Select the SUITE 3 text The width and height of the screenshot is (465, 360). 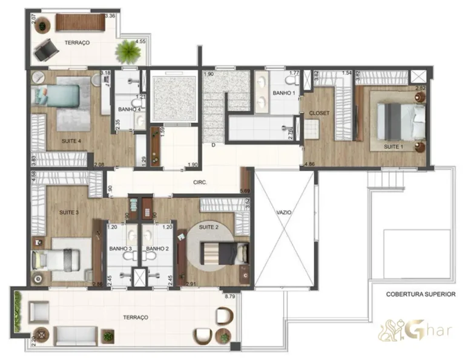[69, 212]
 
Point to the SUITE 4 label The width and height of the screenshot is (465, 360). [71, 141]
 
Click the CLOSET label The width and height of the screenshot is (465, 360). [319, 113]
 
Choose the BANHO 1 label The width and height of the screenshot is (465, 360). [283, 93]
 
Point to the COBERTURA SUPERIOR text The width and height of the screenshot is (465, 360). [420, 295]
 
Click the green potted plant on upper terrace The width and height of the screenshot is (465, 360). [128, 52]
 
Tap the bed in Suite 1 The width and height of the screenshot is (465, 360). [399, 120]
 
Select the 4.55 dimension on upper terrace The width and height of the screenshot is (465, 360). [140, 42]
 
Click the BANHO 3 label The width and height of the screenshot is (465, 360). [120, 249]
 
